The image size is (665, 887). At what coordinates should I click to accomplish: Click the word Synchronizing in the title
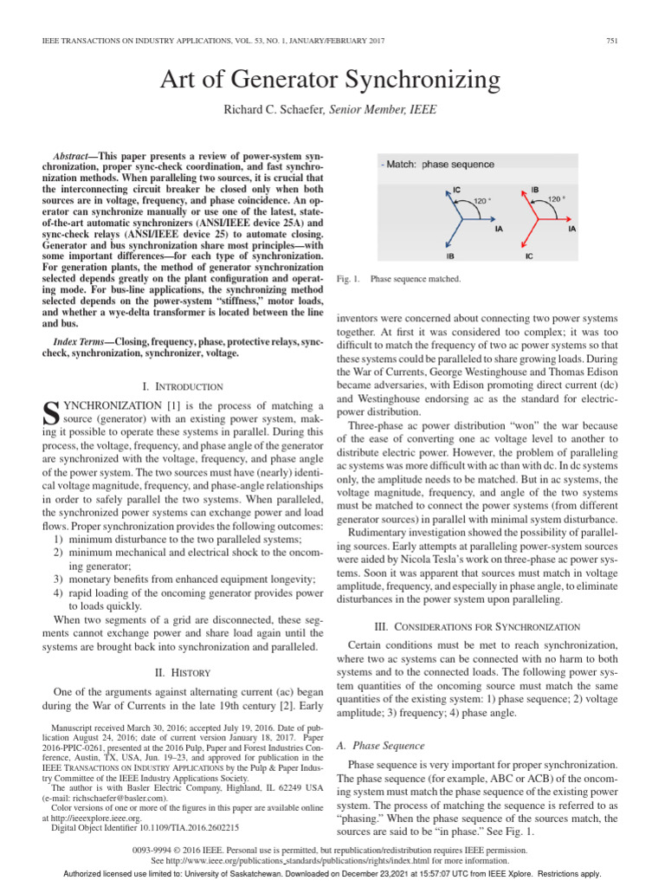[414, 81]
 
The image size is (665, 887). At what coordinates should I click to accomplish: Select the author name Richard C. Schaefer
[268, 110]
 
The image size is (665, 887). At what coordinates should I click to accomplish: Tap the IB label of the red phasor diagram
[534, 188]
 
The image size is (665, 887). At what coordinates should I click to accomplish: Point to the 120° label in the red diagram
[557, 198]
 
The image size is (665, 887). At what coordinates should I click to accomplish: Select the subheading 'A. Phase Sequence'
[386, 745]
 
